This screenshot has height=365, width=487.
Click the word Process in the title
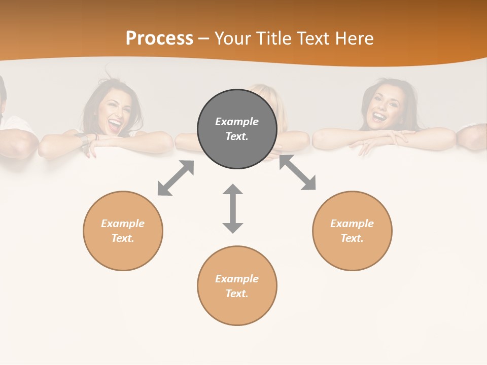point(159,39)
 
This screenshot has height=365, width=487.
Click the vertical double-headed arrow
point(233,208)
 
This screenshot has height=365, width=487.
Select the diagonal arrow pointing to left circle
point(176,178)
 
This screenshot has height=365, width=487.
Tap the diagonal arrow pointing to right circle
point(298,172)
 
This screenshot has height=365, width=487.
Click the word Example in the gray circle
point(237,122)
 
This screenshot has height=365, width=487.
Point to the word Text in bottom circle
point(237,294)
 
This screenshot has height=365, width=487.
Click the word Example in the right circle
point(352,224)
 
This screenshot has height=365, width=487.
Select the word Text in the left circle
point(123,238)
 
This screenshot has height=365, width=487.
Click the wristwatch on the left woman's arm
point(82,139)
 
